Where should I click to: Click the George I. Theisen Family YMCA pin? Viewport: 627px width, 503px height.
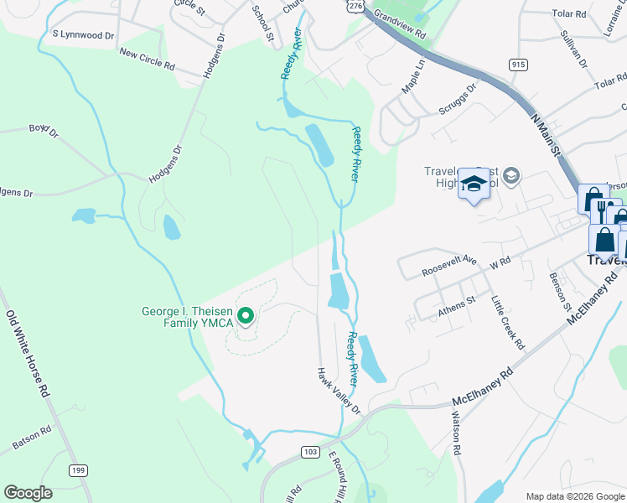[246, 316]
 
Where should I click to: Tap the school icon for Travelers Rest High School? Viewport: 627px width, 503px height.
[474, 184]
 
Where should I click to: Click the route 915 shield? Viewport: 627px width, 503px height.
[517, 65]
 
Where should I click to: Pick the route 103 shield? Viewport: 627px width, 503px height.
[309, 452]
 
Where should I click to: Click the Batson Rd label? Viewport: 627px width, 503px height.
[32, 437]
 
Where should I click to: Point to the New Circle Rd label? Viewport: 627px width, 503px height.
[147, 58]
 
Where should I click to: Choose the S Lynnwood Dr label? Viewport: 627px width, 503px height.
[82, 35]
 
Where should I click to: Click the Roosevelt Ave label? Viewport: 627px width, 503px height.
[448, 267]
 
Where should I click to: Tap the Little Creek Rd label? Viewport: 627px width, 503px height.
[508, 321]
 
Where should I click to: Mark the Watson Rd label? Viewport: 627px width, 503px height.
[458, 433]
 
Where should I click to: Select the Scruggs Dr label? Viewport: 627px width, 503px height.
[458, 98]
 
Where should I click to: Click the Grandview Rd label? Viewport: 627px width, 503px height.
[400, 28]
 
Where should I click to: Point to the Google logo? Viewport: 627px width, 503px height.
[28, 493]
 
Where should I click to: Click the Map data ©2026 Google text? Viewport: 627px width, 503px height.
[573, 496]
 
